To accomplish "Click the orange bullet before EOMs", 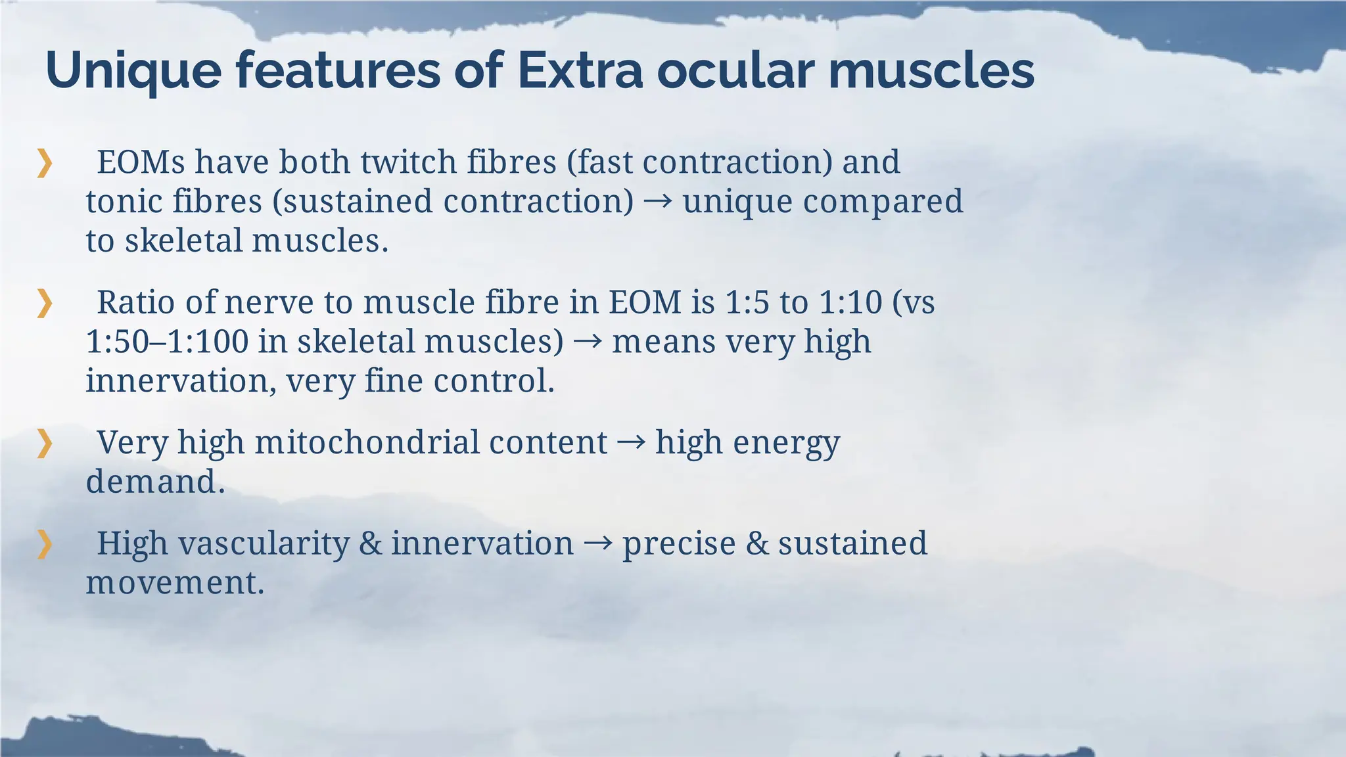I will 44,163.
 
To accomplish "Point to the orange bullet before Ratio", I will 44,304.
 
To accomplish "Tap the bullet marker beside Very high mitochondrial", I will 44,444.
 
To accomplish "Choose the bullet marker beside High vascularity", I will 44,544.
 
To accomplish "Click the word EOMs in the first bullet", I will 141,162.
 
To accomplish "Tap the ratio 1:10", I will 850,303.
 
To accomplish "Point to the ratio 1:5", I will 747,303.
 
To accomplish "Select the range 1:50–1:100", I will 167,342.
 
